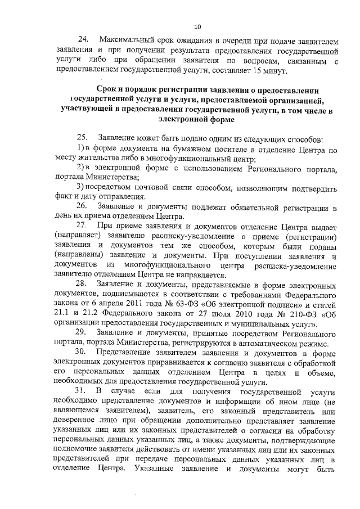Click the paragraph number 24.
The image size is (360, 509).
point(82,39)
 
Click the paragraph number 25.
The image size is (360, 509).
point(82,138)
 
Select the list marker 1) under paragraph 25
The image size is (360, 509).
point(79,148)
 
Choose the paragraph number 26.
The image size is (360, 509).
point(82,207)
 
